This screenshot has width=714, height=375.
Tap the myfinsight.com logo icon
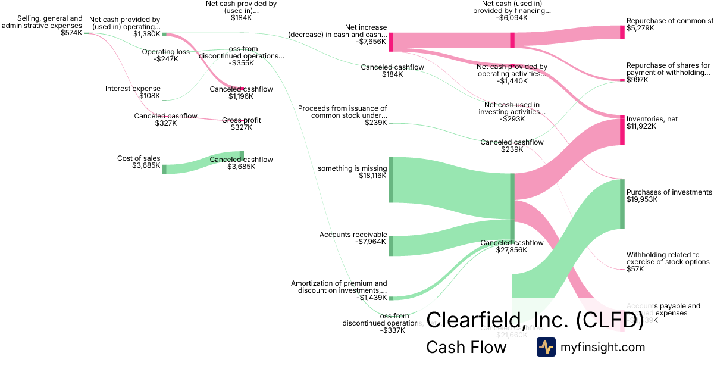[x=546, y=347]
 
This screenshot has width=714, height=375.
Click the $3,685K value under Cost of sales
[x=146, y=165]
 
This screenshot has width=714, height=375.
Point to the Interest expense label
[x=133, y=89]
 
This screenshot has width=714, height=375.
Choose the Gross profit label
[x=241, y=120]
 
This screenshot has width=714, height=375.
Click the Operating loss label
[x=165, y=52]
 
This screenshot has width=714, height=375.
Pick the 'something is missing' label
[x=352, y=168]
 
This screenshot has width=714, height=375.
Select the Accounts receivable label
[x=353, y=235]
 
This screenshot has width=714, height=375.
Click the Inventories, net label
[x=652, y=119]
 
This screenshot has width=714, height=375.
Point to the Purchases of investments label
[x=669, y=192]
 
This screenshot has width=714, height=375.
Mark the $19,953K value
[x=641, y=199]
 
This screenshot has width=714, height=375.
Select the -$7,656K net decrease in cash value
[x=372, y=42]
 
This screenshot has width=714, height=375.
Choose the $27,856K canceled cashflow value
[x=512, y=250]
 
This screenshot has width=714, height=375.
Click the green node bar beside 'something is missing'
[x=391, y=179]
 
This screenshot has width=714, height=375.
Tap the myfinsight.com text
[x=603, y=347]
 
